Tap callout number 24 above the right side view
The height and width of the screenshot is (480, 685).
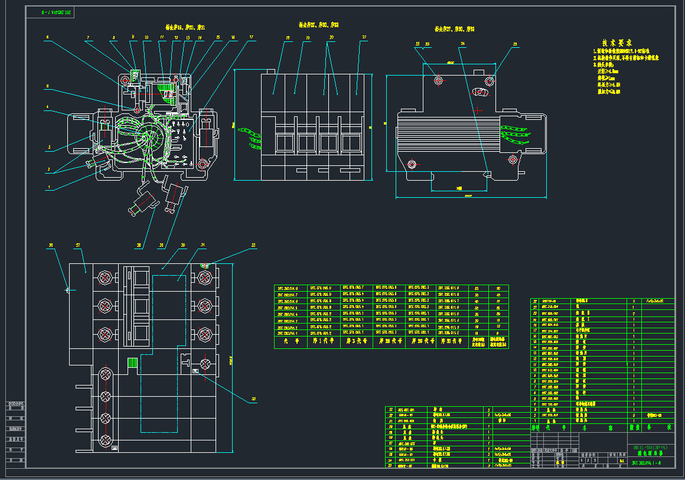pos(463,44)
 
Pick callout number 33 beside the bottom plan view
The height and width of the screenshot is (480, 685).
pos(255,400)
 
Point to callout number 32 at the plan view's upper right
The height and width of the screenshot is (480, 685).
pos(255,244)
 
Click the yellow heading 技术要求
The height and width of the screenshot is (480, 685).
pos(617,43)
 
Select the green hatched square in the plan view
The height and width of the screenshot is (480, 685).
pos(133,363)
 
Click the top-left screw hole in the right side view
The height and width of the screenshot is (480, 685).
pos(438,80)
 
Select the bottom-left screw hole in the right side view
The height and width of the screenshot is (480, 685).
pos(412,164)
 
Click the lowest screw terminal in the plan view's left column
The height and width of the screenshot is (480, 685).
pos(106,440)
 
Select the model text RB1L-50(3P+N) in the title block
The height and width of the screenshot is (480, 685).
pos(650,448)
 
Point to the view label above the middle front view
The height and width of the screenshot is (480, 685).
pos(318,25)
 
